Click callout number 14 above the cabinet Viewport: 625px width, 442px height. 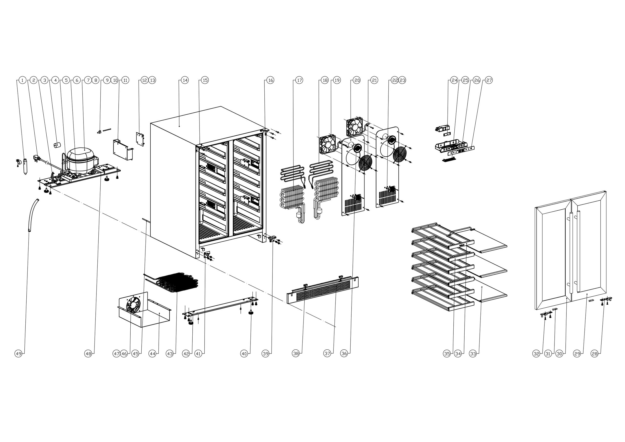pos(185,80)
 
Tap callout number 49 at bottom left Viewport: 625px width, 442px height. pos(18,354)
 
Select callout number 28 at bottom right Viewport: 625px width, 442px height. pos(594,354)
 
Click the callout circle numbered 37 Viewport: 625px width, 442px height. pos(327,354)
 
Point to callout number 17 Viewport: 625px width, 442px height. pos(299,80)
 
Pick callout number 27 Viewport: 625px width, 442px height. pos(489,80)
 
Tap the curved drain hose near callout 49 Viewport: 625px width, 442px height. pos(33,215)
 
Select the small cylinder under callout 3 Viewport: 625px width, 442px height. pos(57,145)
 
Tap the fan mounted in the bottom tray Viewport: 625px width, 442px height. pos(133,304)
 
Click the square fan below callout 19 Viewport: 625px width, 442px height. pos(327,145)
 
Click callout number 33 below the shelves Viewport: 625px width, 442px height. pos(473,354)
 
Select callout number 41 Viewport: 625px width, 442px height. pos(198,354)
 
